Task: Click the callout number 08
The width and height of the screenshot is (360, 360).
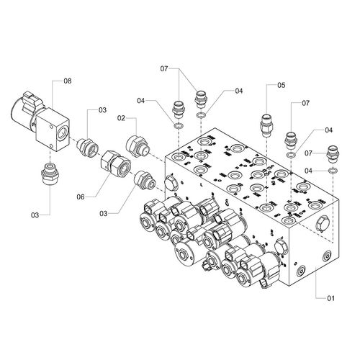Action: point(68,81)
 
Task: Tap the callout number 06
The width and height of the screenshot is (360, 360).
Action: point(81,197)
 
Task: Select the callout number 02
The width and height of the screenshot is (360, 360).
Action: point(121,118)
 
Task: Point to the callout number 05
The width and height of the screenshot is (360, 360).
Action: point(282,85)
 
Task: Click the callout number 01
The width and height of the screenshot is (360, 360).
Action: point(330,298)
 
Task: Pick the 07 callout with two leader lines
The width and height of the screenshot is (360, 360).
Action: point(164,69)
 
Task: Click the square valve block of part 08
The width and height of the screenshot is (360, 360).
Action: point(53,129)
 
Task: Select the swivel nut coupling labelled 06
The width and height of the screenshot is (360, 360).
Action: point(115,163)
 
